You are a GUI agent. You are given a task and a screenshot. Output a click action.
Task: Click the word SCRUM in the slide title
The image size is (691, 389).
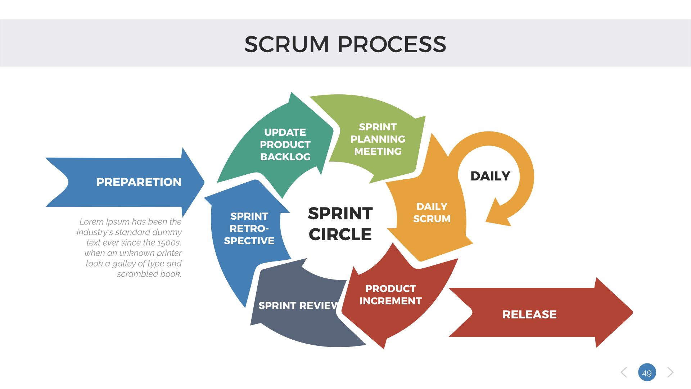pyautogui.click(x=286, y=45)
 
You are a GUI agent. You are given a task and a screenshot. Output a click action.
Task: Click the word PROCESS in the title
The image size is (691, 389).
pyautogui.click(x=392, y=45)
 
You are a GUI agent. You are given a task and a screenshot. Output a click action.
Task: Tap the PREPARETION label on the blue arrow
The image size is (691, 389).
pyautogui.click(x=139, y=182)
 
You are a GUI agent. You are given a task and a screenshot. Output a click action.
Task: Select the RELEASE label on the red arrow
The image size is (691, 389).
pyautogui.click(x=529, y=314)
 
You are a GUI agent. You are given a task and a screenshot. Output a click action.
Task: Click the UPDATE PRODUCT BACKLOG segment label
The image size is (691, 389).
pyautogui.click(x=285, y=144)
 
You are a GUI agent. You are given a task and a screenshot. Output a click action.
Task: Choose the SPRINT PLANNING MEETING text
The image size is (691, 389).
pyautogui.click(x=378, y=139)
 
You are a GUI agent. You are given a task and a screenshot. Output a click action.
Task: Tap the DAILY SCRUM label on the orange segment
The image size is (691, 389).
pyautogui.click(x=432, y=213)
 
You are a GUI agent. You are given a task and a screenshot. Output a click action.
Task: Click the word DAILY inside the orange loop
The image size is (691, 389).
pyautogui.click(x=490, y=176)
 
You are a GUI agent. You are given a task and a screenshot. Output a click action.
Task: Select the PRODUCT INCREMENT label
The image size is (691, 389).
pyautogui.click(x=390, y=295)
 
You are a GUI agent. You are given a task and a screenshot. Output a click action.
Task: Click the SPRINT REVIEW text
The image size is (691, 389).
pyautogui.click(x=298, y=306)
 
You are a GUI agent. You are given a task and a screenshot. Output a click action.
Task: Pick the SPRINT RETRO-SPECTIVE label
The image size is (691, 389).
pyautogui.click(x=249, y=228)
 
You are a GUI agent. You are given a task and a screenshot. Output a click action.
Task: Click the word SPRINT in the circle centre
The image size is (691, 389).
pyautogui.click(x=340, y=214)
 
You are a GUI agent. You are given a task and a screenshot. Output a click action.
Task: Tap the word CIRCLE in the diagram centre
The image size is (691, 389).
pyautogui.click(x=340, y=234)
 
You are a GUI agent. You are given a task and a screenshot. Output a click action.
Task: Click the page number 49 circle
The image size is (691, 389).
pyautogui.click(x=647, y=372)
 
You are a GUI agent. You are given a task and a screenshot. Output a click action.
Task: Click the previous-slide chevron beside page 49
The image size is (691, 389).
pyautogui.click(x=624, y=372)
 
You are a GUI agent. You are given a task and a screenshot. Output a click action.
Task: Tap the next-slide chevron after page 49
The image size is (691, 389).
pyautogui.click(x=670, y=372)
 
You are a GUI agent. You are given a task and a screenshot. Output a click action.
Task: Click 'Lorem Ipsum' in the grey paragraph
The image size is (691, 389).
pyautogui.click(x=104, y=222)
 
